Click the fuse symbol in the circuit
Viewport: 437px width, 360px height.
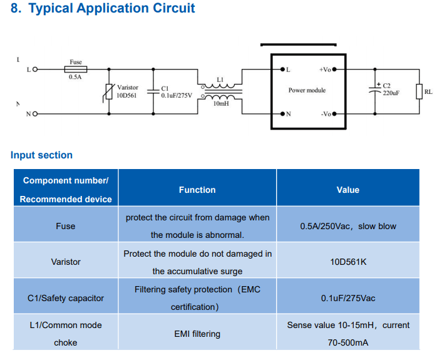(x=76, y=69)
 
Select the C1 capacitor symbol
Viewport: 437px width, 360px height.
(x=153, y=91)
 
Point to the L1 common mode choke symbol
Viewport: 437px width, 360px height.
(x=218, y=91)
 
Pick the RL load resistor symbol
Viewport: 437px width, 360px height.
(x=419, y=91)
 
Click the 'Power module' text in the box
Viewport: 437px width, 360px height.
(x=307, y=90)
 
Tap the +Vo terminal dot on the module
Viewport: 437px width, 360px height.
(x=335, y=69)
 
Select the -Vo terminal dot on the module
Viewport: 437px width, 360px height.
(x=335, y=114)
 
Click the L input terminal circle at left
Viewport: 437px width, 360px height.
(x=34, y=69)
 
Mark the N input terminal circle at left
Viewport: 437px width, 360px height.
(x=34, y=114)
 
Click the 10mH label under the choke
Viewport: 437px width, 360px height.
(x=220, y=104)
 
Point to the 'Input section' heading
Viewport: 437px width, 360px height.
(x=41, y=155)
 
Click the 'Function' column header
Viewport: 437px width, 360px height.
(x=197, y=190)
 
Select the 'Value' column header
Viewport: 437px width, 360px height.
(x=348, y=190)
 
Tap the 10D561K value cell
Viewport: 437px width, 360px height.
(x=348, y=262)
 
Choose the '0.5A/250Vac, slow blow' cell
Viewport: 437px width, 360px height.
(x=348, y=226)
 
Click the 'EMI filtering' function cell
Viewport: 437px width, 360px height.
(x=197, y=334)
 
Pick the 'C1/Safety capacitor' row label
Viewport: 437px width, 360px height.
(x=66, y=298)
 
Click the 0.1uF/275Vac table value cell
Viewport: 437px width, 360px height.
(x=348, y=298)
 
